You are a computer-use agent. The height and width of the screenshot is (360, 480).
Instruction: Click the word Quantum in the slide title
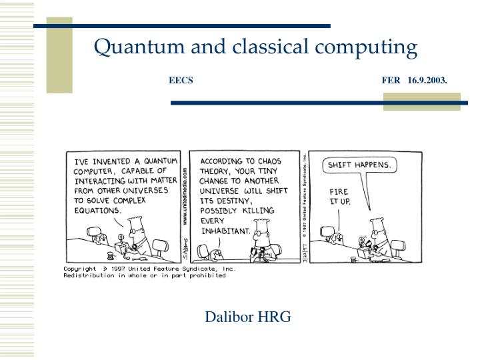pos(131,47)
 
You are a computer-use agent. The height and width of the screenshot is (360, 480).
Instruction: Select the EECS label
pos(181,81)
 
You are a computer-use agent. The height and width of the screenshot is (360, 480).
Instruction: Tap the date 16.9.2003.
pos(427,81)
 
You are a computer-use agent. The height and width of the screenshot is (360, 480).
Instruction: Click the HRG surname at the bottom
pos(275,317)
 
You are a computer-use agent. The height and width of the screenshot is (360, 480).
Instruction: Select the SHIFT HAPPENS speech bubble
pos(360,164)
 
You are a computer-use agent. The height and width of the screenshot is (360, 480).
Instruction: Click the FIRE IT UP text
pos(339,196)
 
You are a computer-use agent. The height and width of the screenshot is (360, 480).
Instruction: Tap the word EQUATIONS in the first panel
pos(97,209)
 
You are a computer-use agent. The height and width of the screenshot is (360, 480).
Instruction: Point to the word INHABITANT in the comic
pos(225,231)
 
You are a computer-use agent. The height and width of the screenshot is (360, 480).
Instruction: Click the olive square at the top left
pos(60,55)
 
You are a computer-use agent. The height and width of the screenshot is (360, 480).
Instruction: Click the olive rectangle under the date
pos(421,101)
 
